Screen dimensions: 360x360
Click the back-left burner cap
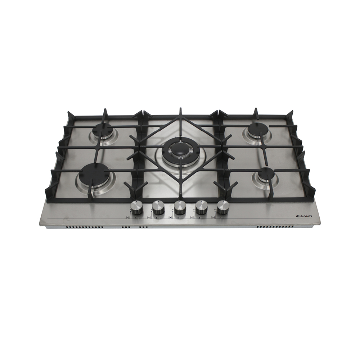tap(102, 130)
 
